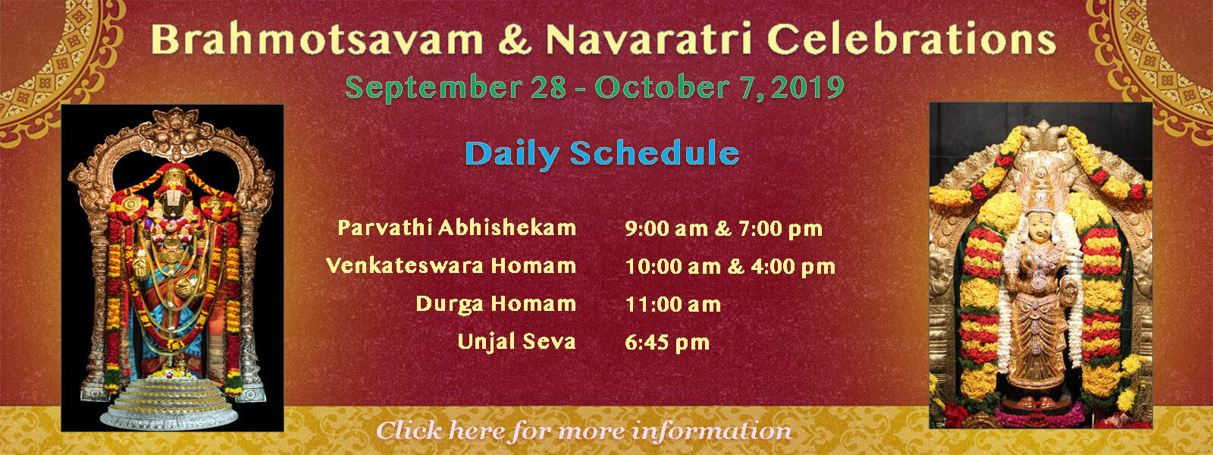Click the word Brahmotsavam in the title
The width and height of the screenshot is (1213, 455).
click(318, 39)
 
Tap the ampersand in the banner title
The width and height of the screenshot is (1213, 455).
click(515, 39)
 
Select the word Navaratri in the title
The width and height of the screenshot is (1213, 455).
click(649, 39)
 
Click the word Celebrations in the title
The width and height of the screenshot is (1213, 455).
click(912, 39)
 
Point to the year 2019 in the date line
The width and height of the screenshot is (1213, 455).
click(807, 87)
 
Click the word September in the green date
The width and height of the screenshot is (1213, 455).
click(434, 88)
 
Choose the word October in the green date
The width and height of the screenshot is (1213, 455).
click(663, 87)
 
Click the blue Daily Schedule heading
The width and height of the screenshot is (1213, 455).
click(602, 154)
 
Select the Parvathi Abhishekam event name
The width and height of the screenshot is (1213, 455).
click(456, 227)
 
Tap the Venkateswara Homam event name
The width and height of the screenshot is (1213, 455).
click(450, 265)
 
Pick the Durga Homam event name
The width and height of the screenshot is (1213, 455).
click(496, 304)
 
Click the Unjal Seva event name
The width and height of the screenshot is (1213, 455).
click(516, 342)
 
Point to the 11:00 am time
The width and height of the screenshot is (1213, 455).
click(673, 304)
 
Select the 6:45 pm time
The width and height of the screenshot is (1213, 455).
click(667, 343)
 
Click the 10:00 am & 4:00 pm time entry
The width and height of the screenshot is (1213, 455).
click(731, 266)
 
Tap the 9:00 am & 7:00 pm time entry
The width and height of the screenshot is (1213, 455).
click(724, 228)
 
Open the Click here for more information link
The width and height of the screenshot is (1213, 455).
click(584, 431)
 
